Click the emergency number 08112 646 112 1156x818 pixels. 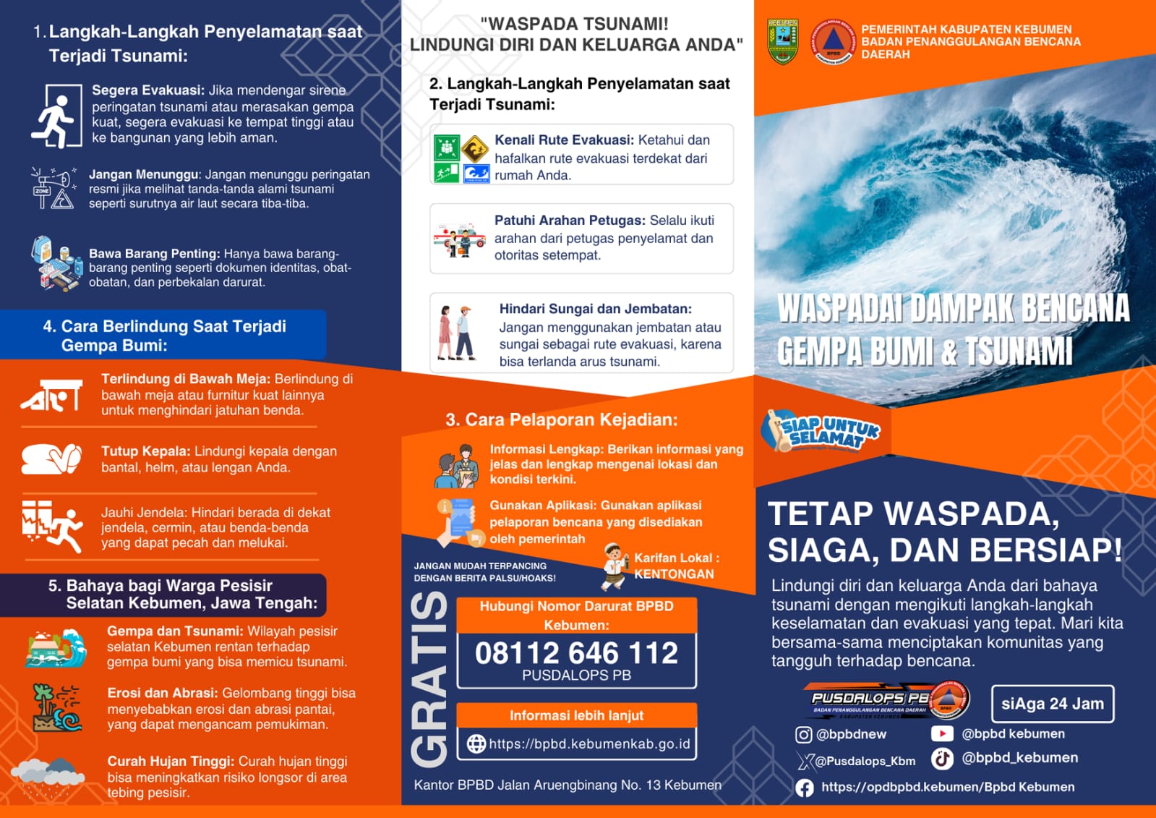[x=576, y=653]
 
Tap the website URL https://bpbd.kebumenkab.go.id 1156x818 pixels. [x=589, y=744]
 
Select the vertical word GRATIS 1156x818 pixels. [x=429, y=679]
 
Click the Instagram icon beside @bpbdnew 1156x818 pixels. [x=803, y=735]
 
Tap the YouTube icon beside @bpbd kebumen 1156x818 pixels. [x=941, y=733]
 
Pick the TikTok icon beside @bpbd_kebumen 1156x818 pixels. [x=941, y=758]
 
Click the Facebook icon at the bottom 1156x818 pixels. [x=804, y=788]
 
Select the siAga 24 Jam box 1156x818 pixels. [x=1052, y=704]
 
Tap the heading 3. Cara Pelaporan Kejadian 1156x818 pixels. [x=562, y=419]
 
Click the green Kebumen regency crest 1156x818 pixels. [x=782, y=41]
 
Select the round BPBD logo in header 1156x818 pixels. [x=833, y=41]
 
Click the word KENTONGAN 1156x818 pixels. [x=674, y=574]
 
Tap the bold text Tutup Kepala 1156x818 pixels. [x=145, y=451]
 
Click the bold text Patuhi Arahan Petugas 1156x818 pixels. [x=570, y=221]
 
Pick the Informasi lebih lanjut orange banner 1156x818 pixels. [x=576, y=715]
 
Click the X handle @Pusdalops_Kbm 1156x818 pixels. [x=865, y=761]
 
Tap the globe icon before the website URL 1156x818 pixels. [x=476, y=744]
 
